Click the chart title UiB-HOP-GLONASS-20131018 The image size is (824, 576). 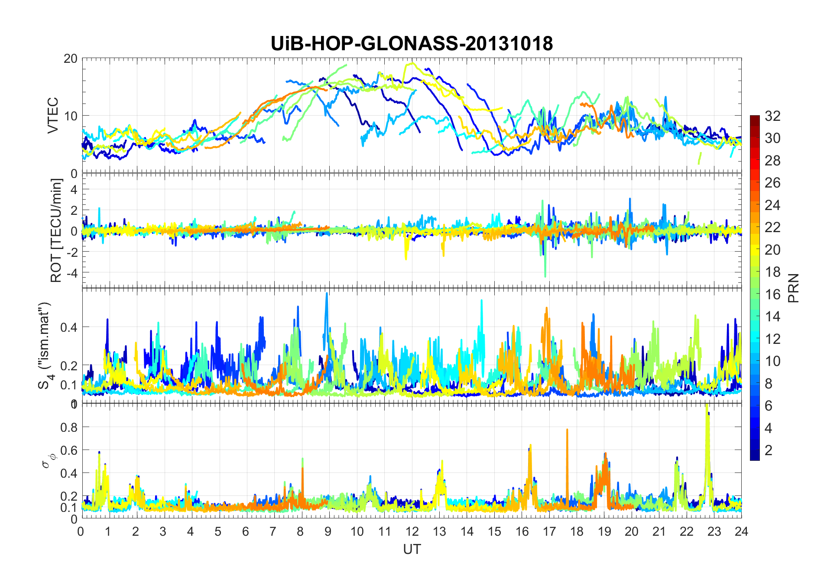pyautogui.click(x=412, y=44)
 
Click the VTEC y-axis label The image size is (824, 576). pyautogui.click(x=53, y=115)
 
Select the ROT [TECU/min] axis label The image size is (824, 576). pyautogui.click(x=56, y=230)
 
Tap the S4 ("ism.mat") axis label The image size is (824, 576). pyautogui.click(x=45, y=345)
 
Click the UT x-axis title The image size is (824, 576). pyautogui.click(x=412, y=549)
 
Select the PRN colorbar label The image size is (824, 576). pyautogui.click(x=793, y=288)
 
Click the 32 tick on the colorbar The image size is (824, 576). pyautogui.click(x=772, y=116)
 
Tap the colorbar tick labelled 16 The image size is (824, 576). pyautogui.click(x=772, y=294)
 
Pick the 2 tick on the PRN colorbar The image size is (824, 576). pyautogui.click(x=768, y=450)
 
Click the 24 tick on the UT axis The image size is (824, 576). pyautogui.click(x=741, y=531)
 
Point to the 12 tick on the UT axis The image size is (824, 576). pyautogui.click(x=412, y=531)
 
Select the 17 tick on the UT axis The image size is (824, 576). pyautogui.click(x=549, y=531)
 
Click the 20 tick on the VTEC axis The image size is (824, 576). pyautogui.click(x=70, y=58)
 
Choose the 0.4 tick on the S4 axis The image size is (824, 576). pyautogui.click(x=68, y=327)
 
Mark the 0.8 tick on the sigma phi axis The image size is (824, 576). pyautogui.click(x=68, y=427)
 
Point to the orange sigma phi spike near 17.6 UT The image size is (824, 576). pyautogui.click(x=567, y=431)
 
